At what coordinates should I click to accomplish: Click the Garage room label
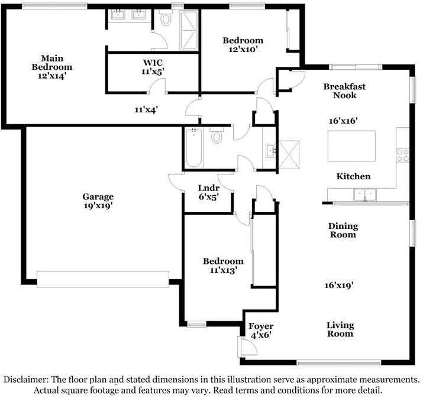[98, 196]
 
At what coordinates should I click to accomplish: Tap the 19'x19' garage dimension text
[98, 206]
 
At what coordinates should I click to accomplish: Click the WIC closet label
[153, 62]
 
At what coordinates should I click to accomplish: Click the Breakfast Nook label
[340, 91]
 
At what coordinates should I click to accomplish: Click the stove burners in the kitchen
[403, 154]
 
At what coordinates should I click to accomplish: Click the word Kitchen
[353, 176]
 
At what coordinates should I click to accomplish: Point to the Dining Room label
[343, 230]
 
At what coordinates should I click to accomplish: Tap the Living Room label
[340, 329]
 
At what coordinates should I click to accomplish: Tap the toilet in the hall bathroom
[216, 137]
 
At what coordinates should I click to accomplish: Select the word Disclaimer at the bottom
[27, 379]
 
